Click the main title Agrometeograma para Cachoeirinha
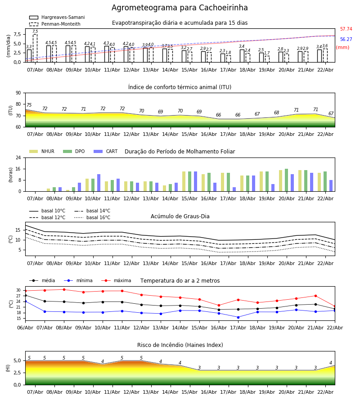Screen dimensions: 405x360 point(180,8)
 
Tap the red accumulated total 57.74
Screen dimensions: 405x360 point(346,29)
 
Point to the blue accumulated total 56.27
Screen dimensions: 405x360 point(346,40)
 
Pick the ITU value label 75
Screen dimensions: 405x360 point(29,105)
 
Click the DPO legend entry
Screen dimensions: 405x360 point(73,152)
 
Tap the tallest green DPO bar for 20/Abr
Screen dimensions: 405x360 point(286,180)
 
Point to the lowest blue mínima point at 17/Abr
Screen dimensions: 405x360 point(238,317)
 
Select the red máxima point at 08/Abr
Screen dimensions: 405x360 point(64,289)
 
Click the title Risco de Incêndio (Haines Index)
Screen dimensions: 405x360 point(180,345)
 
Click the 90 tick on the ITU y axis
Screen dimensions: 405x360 point(18,93)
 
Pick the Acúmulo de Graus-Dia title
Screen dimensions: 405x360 point(180,216)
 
